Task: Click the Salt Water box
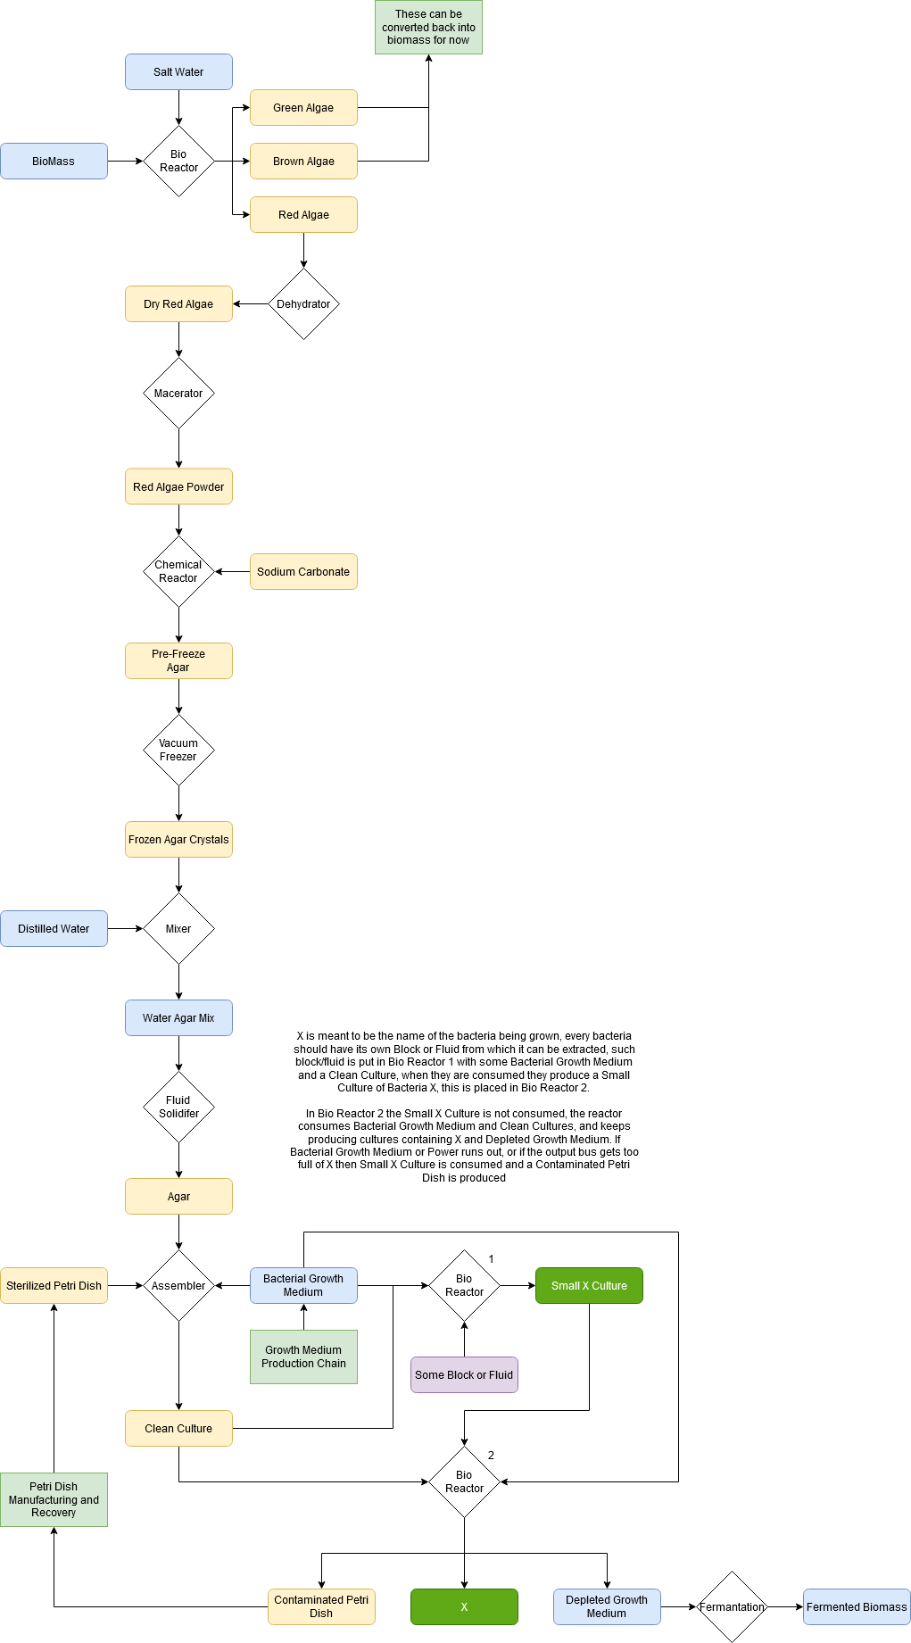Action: tap(178, 72)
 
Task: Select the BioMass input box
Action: tap(54, 162)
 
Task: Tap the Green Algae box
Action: tap(303, 108)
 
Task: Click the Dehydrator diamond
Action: tap(303, 304)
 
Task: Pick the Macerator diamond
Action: tap(178, 394)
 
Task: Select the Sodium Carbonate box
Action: tap(303, 572)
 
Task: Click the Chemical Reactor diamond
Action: tap(178, 572)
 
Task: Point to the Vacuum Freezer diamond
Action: tap(178, 751)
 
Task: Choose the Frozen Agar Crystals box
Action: tap(178, 840)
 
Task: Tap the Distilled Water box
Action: tap(54, 929)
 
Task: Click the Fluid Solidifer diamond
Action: tap(178, 1108)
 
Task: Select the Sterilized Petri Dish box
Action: tap(54, 1286)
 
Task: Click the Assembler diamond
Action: tap(178, 1286)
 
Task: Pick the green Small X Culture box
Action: tap(589, 1286)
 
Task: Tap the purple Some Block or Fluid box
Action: tap(464, 1375)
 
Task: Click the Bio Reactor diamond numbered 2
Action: tap(464, 1482)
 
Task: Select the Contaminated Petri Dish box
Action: tap(321, 1607)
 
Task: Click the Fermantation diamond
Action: tap(732, 1607)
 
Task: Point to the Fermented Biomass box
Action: tap(857, 1607)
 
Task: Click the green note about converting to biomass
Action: tap(428, 28)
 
